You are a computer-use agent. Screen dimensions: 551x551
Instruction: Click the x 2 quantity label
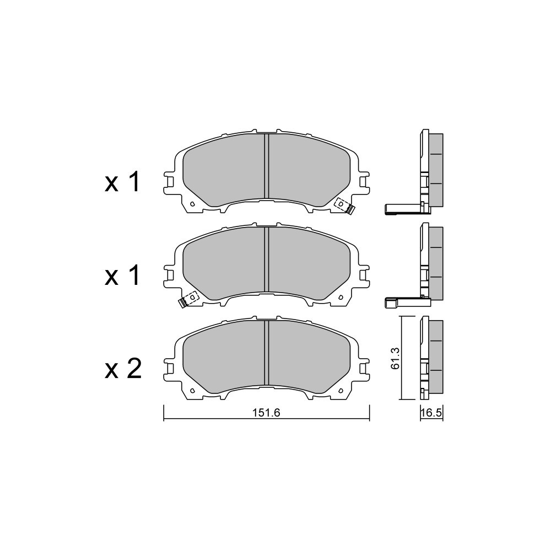[123, 369]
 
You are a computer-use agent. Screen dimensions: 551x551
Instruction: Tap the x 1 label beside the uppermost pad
[122, 182]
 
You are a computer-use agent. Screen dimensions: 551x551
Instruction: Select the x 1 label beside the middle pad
[122, 275]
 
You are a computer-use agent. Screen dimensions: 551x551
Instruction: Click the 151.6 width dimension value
[266, 413]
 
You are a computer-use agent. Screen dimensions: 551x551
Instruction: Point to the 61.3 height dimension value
[395, 358]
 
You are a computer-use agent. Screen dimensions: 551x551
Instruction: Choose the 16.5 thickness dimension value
[431, 413]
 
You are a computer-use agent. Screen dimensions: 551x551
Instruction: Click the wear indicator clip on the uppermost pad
[344, 206]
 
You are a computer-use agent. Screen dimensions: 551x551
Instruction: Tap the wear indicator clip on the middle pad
[188, 300]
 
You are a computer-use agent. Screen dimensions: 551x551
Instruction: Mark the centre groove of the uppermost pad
[266, 166]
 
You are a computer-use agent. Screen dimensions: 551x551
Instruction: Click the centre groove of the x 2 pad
[266, 353]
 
